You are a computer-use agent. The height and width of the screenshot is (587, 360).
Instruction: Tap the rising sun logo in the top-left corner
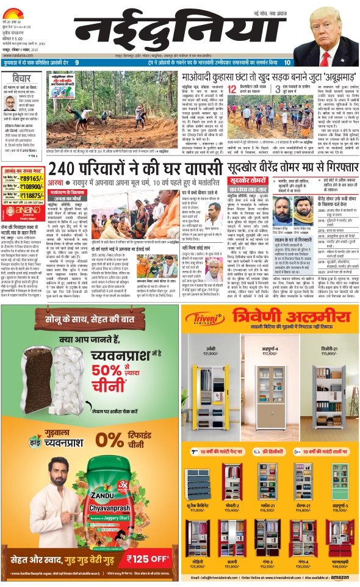click(x=14, y=7)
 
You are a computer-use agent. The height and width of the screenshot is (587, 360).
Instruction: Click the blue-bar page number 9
click(x=76, y=62)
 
